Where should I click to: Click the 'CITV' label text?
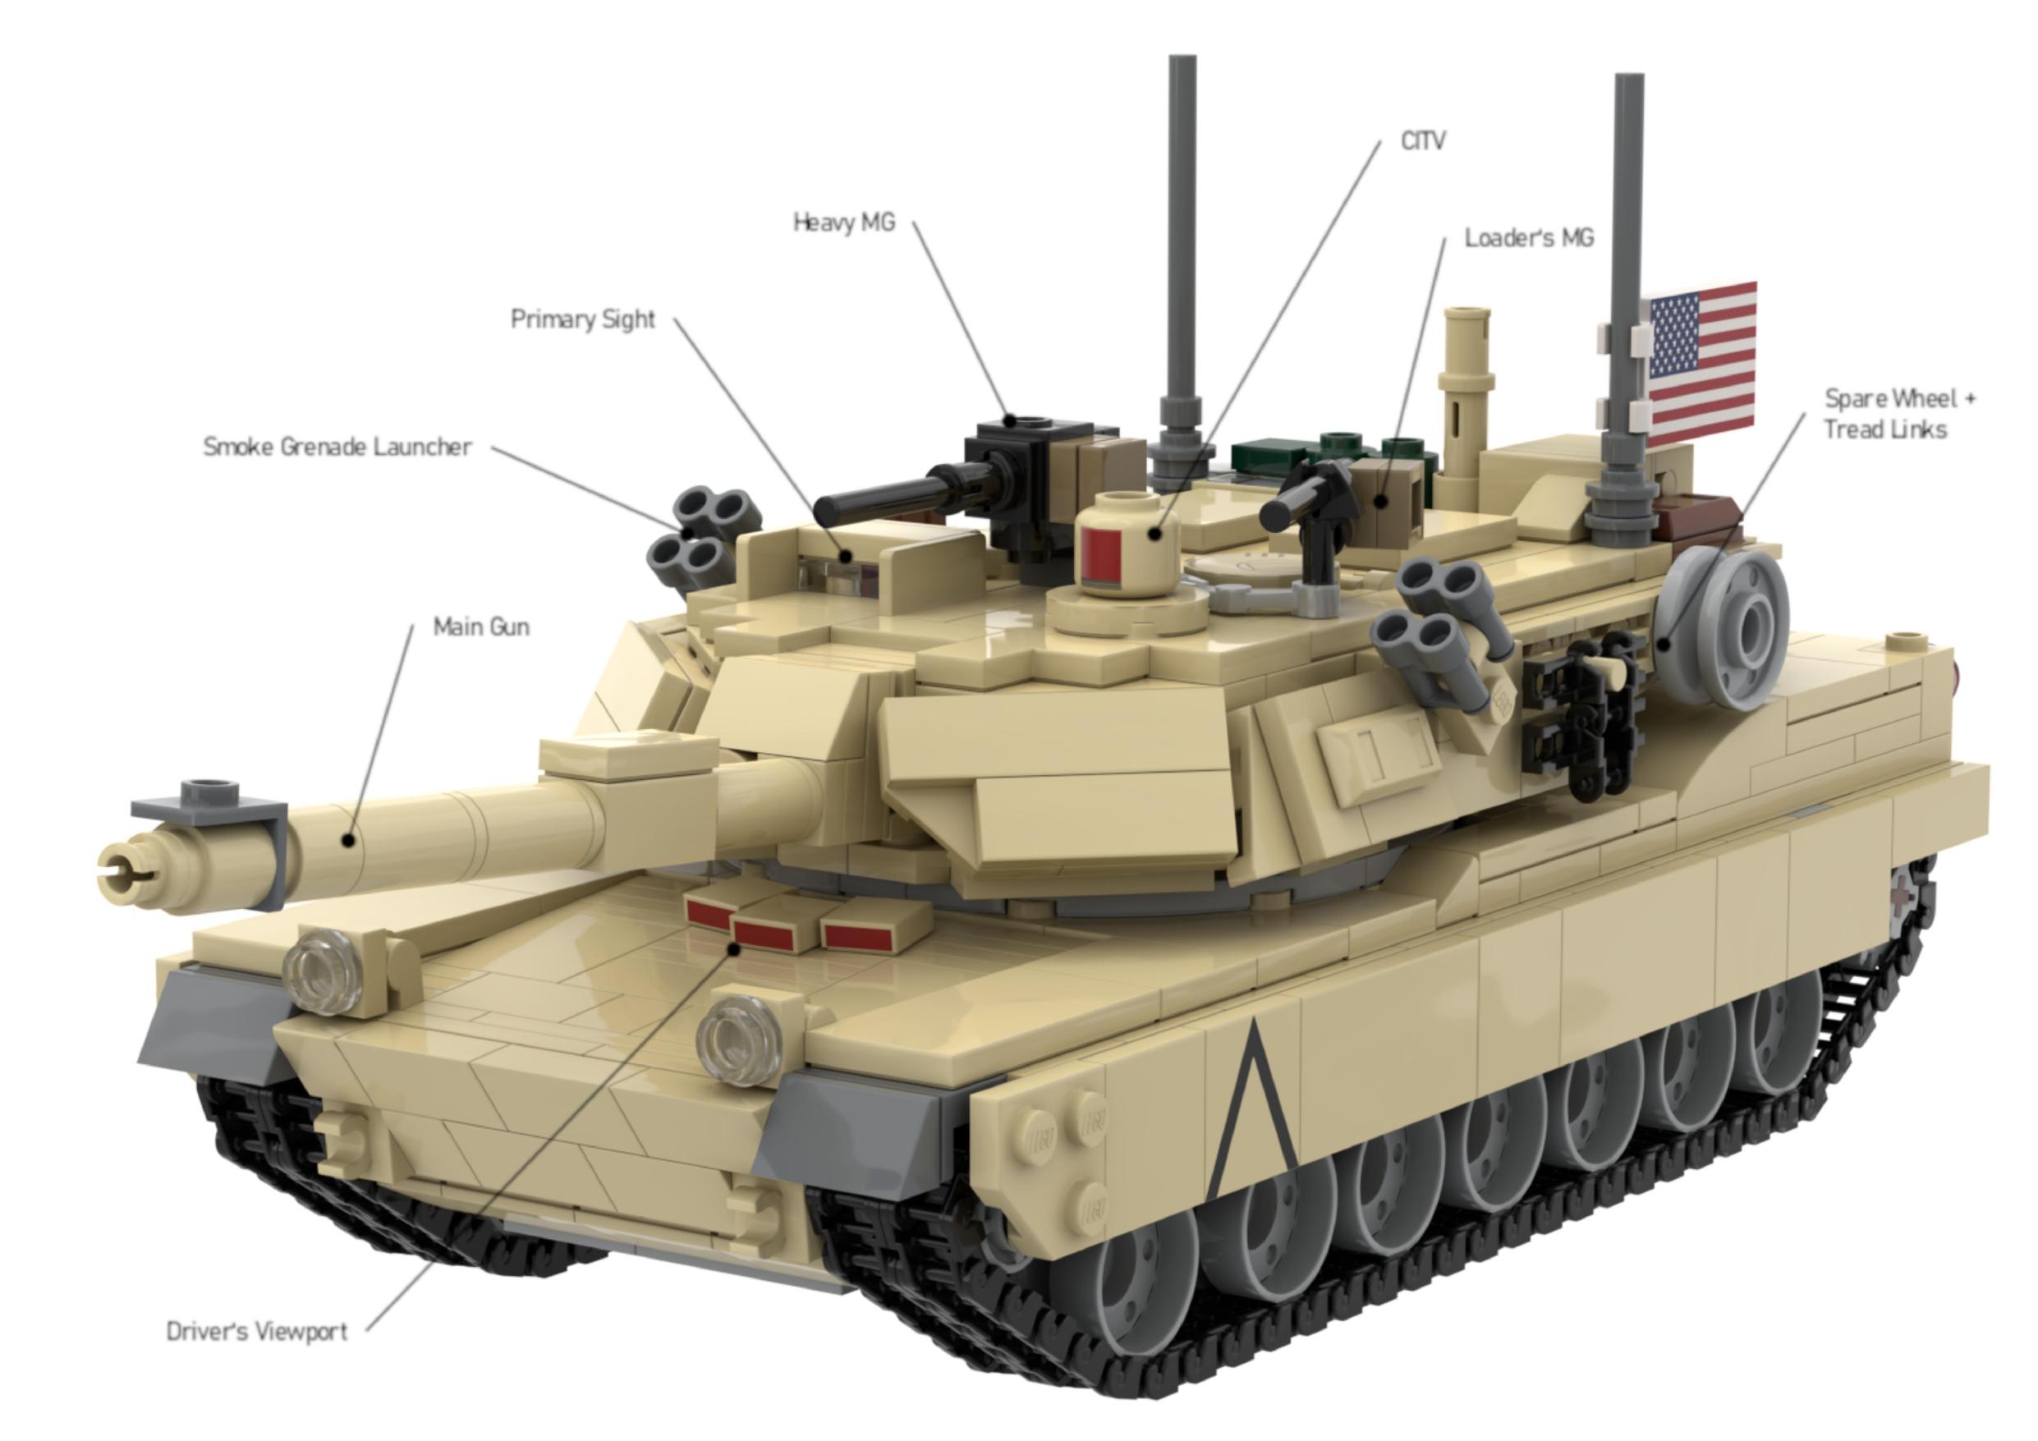(x=1423, y=140)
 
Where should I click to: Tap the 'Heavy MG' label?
(x=844, y=222)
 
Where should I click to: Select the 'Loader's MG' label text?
(x=1529, y=238)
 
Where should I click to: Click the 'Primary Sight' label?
(x=583, y=319)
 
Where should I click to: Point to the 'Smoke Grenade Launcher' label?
(x=337, y=447)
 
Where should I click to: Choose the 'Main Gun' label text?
(x=481, y=626)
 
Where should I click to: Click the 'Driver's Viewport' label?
(x=257, y=1332)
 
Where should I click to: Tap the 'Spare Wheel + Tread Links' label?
(x=1899, y=414)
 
